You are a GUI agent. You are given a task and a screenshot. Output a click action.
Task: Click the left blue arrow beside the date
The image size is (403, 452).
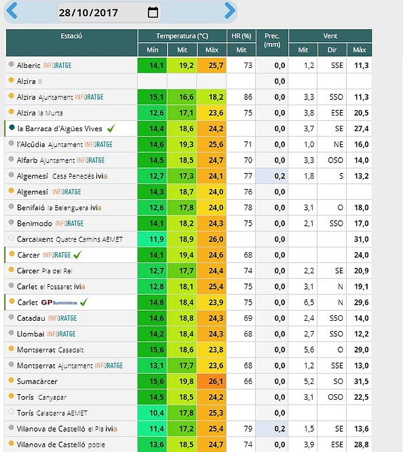(12, 11)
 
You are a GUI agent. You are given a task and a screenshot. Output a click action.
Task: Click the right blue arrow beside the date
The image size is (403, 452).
(230, 11)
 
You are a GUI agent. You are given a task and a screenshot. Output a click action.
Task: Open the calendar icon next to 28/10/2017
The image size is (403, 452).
(153, 12)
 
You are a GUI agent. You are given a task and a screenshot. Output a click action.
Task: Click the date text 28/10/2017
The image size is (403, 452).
(88, 13)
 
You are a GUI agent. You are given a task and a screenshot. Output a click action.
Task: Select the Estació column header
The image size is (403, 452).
(71, 36)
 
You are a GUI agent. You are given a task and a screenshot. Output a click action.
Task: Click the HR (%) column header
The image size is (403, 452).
(242, 36)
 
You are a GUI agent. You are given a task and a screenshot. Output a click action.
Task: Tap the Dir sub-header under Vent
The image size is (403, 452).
(332, 50)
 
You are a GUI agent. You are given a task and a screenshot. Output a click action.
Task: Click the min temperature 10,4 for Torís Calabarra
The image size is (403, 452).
(157, 413)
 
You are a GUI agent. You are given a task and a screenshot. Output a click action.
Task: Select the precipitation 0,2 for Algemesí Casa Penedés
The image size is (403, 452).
(280, 176)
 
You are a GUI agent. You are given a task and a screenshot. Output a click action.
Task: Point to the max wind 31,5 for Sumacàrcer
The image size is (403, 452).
(362, 381)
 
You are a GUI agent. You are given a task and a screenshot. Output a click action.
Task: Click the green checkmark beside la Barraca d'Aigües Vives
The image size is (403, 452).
(111, 128)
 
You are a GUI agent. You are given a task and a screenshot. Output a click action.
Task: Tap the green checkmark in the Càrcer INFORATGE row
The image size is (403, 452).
(77, 254)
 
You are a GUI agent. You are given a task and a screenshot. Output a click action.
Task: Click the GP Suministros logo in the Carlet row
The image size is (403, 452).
(59, 302)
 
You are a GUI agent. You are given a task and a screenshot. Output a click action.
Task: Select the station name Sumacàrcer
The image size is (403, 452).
(37, 381)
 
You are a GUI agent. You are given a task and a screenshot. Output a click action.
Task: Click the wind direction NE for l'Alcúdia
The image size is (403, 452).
(339, 144)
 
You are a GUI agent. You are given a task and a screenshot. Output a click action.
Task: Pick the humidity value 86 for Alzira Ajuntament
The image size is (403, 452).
(248, 97)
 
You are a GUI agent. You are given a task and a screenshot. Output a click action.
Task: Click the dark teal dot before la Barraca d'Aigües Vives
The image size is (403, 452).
(12, 127)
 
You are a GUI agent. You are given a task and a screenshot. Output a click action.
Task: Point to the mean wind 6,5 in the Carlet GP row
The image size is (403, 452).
(309, 302)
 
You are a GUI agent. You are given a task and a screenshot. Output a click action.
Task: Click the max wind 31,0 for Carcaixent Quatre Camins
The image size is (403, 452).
(362, 239)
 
